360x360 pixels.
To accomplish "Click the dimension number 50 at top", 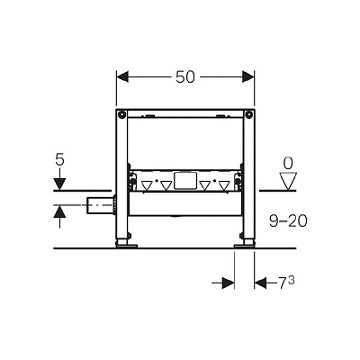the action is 185,77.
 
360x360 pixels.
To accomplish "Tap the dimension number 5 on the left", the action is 59,160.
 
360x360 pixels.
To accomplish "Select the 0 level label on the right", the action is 288,164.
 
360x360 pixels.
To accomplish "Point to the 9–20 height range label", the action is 288,221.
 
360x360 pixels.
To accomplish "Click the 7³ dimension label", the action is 286,283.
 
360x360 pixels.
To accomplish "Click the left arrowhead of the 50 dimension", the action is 122,76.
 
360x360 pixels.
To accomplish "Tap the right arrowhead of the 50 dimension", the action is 248,76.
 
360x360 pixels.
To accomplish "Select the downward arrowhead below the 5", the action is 59,184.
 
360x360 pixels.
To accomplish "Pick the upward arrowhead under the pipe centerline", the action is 59,211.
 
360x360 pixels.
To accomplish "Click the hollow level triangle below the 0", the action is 288,181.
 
